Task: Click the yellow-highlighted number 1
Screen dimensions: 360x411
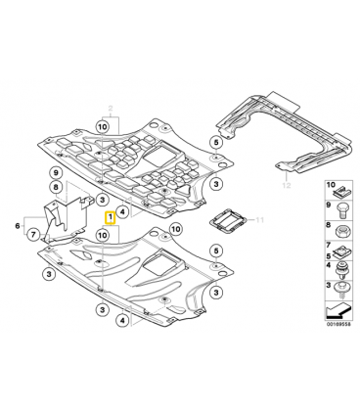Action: (110, 217)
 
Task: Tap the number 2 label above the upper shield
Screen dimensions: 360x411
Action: (111, 109)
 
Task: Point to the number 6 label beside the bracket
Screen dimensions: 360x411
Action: (18, 225)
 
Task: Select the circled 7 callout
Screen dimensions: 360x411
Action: (33, 234)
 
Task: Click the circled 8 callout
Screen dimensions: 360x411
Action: (56, 187)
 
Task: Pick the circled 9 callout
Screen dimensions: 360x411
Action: (56, 172)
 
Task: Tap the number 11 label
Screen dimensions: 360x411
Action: (259, 220)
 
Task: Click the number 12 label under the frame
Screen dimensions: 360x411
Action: (287, 185)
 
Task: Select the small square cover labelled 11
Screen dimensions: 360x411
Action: (228, 222)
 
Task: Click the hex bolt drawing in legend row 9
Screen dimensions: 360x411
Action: (340, 210)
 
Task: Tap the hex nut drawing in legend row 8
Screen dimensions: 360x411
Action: (341, 232)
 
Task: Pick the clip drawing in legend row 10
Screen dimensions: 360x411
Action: (342, 193)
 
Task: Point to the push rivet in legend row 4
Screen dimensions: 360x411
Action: (340, 270)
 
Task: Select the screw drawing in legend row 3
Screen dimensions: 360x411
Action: (341, 290)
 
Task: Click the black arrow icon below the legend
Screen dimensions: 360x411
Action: (338, 310)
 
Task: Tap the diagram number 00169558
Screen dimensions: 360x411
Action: (338, 325)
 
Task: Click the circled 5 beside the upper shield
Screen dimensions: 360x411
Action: (216, 142)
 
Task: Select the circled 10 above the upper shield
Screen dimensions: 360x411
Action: (102, 126)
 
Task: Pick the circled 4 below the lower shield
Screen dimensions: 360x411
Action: (122, 321)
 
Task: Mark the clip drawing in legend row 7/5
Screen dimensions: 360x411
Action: (341, 251)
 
